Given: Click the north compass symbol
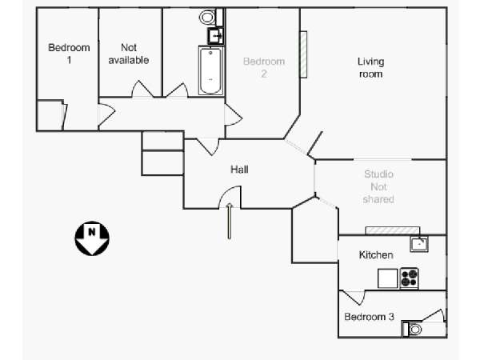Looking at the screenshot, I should point(92,238).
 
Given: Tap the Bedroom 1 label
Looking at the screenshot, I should point(69,54).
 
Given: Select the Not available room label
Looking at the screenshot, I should point(129,54).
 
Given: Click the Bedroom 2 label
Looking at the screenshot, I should point(264,68).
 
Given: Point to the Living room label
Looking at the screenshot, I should point(370,68).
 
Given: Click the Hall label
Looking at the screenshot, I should point(239,170).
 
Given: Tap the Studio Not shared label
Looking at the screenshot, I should point(378,186).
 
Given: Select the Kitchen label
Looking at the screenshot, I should point(375,255).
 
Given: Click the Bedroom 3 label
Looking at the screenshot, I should point(369,317).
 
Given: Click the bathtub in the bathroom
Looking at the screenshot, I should point(210,70).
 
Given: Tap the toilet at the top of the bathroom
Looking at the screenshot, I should point(208,17).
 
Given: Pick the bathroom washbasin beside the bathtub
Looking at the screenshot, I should point(215,35).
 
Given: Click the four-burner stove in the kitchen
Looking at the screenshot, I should point(410,278).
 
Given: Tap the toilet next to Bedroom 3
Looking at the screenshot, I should point(414,328).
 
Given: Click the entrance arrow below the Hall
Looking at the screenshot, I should point(230,221).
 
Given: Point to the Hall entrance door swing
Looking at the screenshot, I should point(230,197).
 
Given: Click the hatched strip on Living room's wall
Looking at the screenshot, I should point(304,55).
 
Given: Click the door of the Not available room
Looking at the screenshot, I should point(142,89).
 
